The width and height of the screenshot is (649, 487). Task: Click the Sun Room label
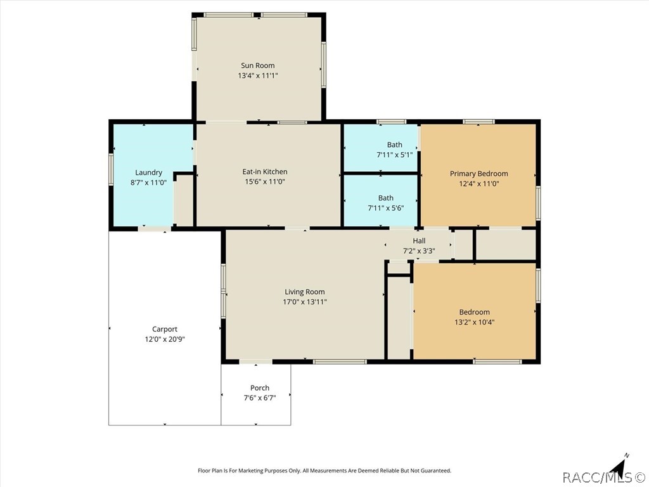258,65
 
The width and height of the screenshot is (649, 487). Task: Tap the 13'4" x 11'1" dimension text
258,76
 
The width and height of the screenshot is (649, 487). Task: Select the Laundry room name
148,172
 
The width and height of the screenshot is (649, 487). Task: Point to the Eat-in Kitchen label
265,171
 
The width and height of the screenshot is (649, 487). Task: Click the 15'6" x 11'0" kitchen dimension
265,181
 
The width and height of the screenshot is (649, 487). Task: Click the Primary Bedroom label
479,174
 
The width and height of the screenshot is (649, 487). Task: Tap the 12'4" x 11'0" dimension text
479,183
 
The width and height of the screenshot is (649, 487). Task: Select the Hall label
419,240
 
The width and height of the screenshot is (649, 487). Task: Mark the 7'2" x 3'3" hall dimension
419,251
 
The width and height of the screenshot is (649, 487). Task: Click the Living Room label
305,292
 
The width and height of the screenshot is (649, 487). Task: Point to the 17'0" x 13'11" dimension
305,302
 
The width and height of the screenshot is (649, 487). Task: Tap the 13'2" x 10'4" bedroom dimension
474,322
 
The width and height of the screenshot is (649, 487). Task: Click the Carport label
165,329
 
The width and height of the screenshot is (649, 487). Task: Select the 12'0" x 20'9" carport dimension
165,339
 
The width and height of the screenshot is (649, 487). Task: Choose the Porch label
260,388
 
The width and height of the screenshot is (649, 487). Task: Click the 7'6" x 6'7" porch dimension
260,398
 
